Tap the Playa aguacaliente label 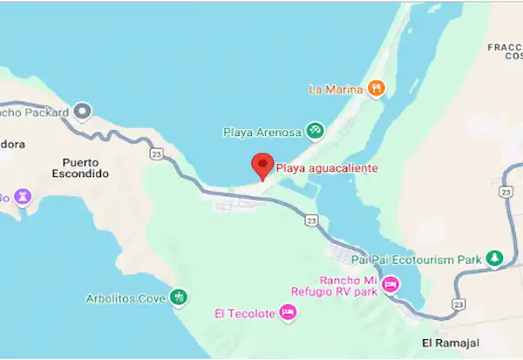(x=327, y=167)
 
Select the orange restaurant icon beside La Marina (x=376, y=87)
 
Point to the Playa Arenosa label (x=261, y=132)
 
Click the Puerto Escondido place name (x=85, y=167)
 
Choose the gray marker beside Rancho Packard (x=83, y=111)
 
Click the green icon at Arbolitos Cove (x=179, y=298)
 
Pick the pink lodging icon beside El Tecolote (x=288, y=314)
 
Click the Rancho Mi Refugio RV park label (x=336, y=286)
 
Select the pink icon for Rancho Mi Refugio (x=391, y=283)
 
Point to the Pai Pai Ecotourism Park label (x=417, y=259)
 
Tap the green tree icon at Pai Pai (x=494, y=258)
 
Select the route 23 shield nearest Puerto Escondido (x=156, y=153)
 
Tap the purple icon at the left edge (x=23, y=198)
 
